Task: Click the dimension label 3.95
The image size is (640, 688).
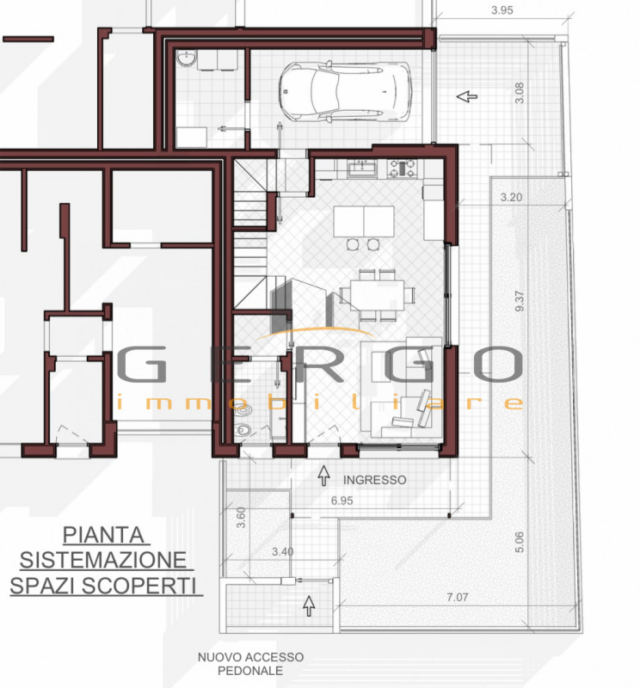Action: pos(502,10)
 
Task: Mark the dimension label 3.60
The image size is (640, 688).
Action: pos(242,518)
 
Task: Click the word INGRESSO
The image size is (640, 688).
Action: pos(374,480)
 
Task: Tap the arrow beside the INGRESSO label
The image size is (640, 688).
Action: pos(323,473)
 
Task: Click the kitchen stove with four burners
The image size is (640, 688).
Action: pos(400,169)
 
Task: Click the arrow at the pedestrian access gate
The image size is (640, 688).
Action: pos(308,605)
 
